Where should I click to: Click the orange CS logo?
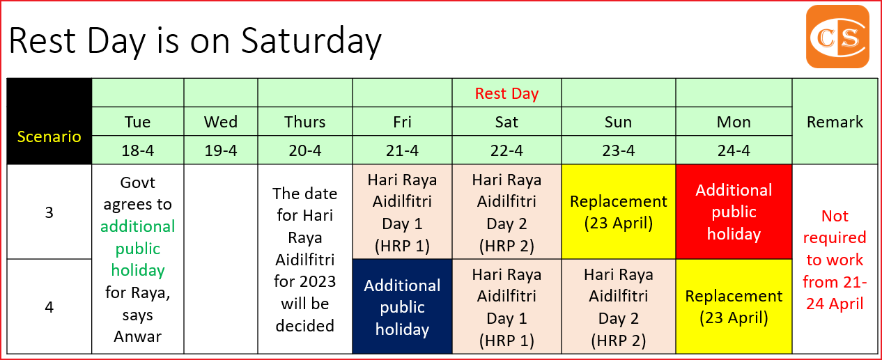837,36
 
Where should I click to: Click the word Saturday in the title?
311,40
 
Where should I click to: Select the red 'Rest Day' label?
506,93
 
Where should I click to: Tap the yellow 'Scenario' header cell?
49,136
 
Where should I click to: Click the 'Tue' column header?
137,122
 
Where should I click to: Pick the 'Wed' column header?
221,122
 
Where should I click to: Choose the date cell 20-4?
304,150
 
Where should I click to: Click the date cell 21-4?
402,150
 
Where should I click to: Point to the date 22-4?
506,150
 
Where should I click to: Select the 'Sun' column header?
618,122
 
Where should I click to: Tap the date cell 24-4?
734,150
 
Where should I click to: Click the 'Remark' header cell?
835,122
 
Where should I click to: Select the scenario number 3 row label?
49,212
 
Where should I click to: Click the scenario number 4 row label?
49,307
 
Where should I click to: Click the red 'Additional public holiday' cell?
734,212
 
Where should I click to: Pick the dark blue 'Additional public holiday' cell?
402,307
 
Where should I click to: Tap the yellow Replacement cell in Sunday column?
618,212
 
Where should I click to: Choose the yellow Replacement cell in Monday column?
734,307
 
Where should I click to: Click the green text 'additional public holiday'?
137,248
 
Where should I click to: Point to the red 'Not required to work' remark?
835,259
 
